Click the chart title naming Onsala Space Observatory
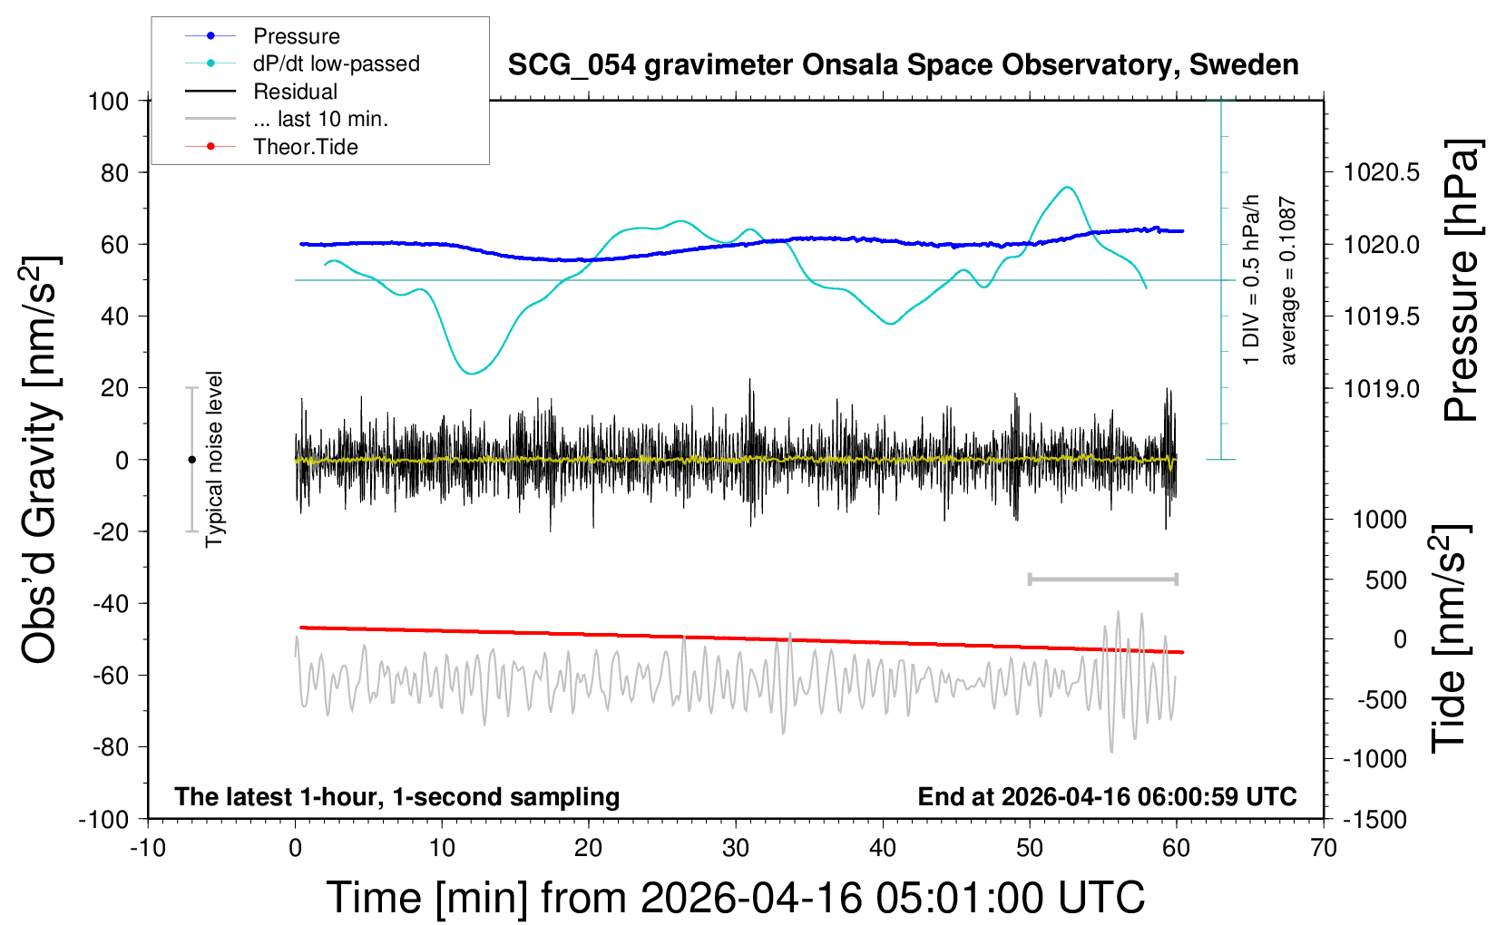click(x=903, y=65)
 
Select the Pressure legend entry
click(x=296, y=36)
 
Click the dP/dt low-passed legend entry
click(x=336, y=63)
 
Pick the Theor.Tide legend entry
click(x=305, y=147)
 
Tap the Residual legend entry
click(x=295, y=92)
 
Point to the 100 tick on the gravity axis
click(x=109, y=101)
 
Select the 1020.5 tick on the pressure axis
click(x=1382, y=172)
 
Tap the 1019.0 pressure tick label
click(x=1382, y=388)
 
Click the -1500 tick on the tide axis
click(x=1375, y=820)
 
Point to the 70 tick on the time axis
click(x=1324, y=849)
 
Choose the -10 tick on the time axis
click(x=148, y=849)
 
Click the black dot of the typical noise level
click(x=191, y=460)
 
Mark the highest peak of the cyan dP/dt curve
click(x=1068, y=188)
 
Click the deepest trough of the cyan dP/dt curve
click(x=469, y=374)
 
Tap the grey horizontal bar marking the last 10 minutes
click(x=1102, y=579)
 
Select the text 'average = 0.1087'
click(x=1287, y=281)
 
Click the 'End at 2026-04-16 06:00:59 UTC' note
click(x=1107, y=796)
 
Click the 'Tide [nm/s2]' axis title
click(x=1449, y=638)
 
